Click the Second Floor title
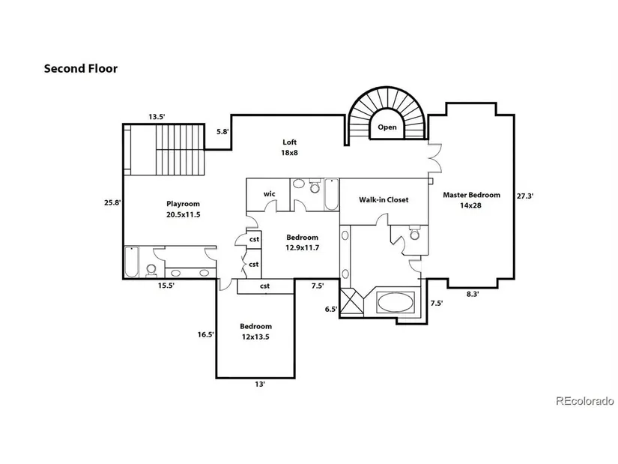[81, 69]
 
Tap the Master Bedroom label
[471, 195]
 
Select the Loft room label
[289, 142]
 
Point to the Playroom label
[183, 204]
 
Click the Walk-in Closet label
[384, 199]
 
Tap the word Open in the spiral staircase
[387, 127]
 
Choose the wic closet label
[269, 193]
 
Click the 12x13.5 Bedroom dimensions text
[255, 337]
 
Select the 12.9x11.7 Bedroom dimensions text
[303, 248]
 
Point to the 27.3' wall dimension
[525, 196]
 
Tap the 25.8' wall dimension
[112, 203]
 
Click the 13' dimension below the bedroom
[260, 384]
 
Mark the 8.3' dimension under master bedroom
[473, 294]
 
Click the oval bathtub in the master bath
[396, 303]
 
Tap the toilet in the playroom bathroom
[151, 271]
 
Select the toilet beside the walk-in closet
[414, 233]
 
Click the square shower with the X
[351, 302]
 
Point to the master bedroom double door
[435, 158]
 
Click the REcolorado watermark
[585, 401]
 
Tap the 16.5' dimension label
[206, 334]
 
